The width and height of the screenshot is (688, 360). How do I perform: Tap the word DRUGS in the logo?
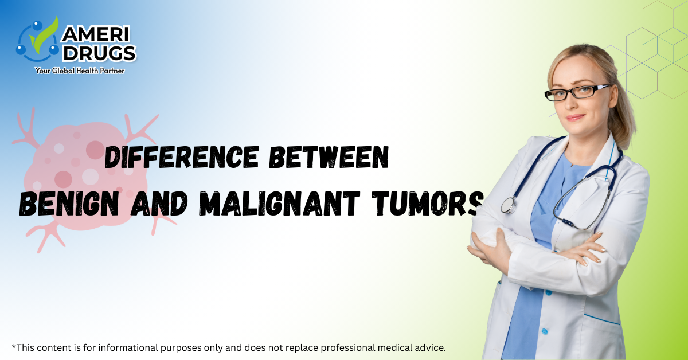100,53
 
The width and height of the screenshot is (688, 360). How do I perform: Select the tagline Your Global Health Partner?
80,71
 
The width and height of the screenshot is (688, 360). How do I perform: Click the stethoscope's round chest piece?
509,205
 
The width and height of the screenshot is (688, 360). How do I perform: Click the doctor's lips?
576,117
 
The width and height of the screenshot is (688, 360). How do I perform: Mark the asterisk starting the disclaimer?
13,346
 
